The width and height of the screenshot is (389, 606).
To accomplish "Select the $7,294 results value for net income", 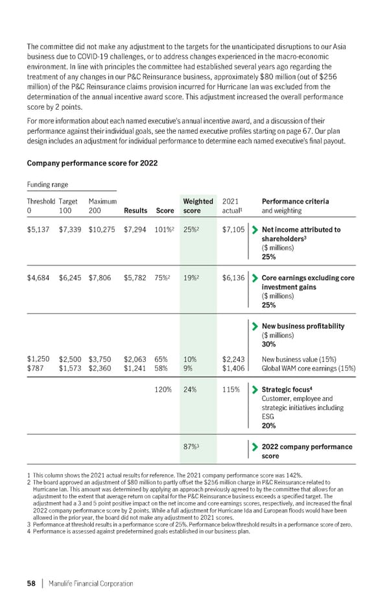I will pos(134,229).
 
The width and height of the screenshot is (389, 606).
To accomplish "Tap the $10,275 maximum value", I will pos(102,229).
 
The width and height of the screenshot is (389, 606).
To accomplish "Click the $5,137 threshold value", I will pos(38,229).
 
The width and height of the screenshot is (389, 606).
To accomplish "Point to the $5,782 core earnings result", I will pos(134,278).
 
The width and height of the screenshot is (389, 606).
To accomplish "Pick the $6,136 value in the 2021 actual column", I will pos(233,278).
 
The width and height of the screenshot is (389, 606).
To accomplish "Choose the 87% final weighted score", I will pos(192,446).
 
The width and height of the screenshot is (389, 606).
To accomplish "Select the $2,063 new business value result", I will pos(134,358).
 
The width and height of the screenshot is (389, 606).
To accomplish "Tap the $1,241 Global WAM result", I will pos(134,369).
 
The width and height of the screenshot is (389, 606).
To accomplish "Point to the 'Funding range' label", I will pos(47,184).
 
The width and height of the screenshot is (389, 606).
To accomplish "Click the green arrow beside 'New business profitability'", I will pos(254,326).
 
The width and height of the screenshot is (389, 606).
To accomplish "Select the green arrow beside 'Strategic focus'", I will pos(254,390).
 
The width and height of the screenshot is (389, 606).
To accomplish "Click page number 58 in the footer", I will pos(30,583).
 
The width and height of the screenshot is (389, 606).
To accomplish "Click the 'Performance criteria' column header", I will pos(294,206).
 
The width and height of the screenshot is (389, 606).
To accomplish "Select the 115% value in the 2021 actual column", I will pos(231,390).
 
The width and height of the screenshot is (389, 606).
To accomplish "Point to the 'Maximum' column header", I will pos(102,201).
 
